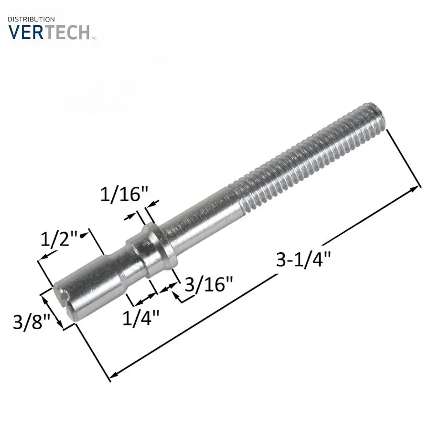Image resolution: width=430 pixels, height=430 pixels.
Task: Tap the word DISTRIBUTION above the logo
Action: (x=32, y=19)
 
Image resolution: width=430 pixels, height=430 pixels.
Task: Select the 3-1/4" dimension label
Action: (x=304, y=260)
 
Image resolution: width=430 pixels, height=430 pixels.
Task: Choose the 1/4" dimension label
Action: (x=141, y=317)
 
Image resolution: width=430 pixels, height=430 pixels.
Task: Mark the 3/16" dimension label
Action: (x=208, y=285)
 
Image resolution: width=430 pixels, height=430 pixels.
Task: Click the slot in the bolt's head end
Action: (x=64, y=299)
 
